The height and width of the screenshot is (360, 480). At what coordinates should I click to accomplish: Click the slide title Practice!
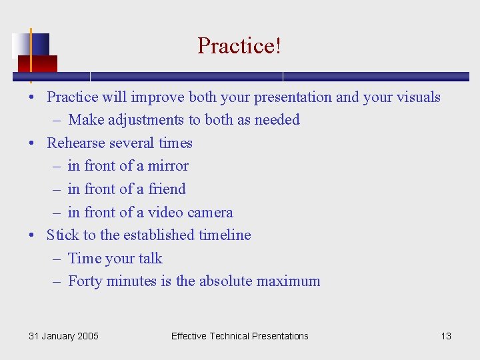[239, 46]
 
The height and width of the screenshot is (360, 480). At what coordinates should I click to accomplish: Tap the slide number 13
[446, 336]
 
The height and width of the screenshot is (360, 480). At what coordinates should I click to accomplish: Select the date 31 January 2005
[63, 336]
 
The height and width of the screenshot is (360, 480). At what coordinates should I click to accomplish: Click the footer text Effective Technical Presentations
[239, 336]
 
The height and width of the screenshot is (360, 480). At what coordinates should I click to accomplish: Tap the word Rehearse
[75, 143]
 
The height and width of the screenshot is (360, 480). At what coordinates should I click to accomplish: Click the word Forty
[85, 281]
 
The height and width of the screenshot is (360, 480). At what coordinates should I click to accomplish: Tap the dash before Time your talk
[58, 259]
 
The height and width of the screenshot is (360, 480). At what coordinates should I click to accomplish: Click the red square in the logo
[37, 63]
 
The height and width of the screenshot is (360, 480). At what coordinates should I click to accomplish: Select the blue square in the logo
[39, 44]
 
